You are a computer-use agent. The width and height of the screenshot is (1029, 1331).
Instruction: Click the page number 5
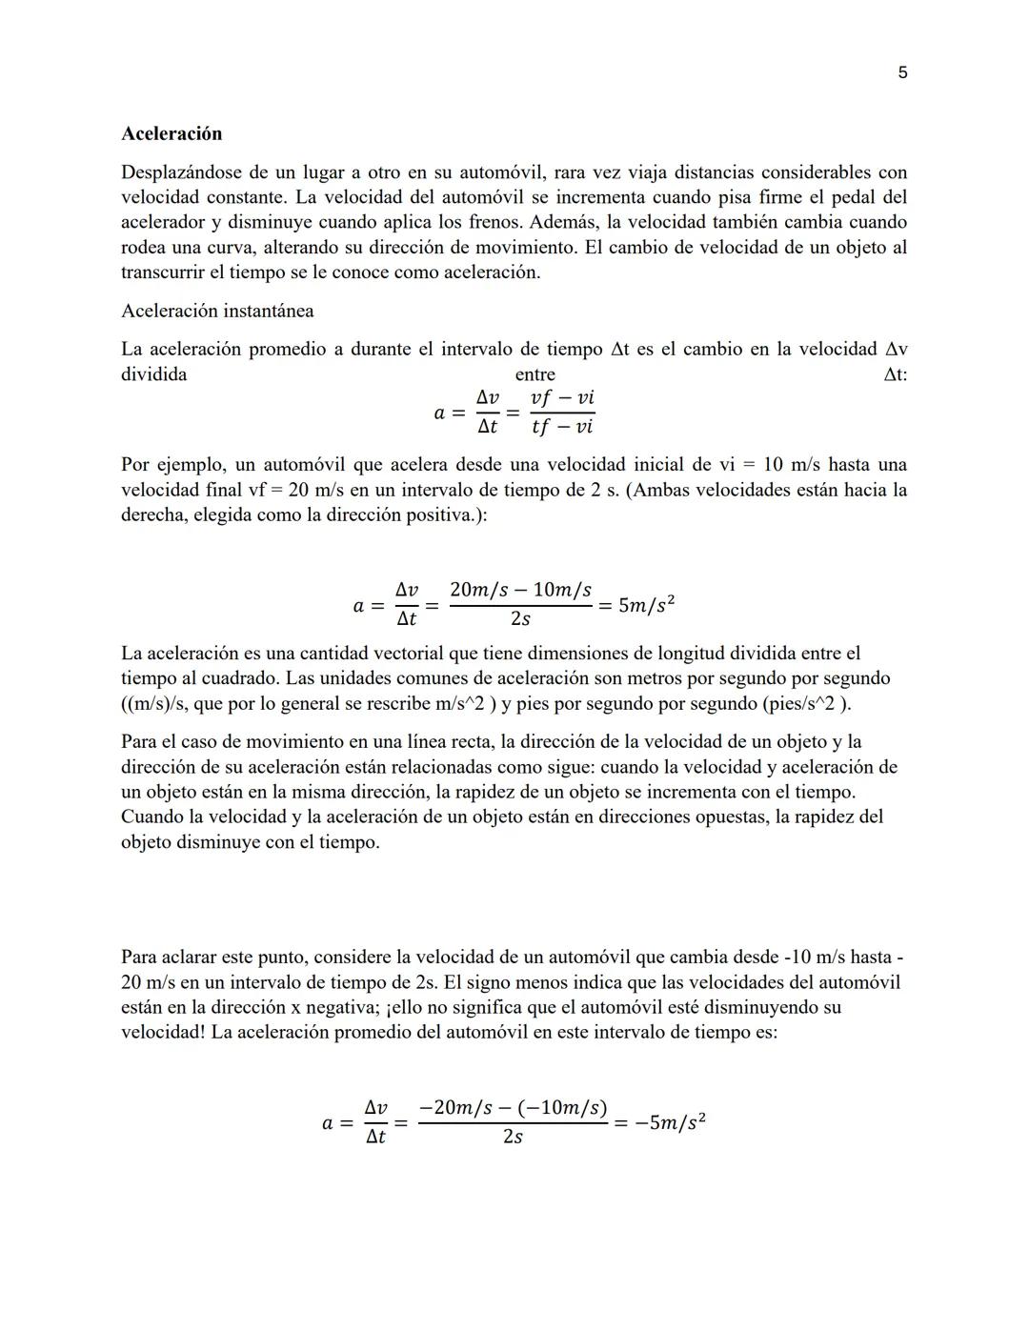(x=902, y=73)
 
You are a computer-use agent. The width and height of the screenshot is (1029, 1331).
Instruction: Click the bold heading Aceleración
(x=171, y=133)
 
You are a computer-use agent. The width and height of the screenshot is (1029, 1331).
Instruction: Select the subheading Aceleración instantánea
(x=217, y=311)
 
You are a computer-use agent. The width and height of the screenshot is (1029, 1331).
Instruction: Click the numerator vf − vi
(x=562, y=398)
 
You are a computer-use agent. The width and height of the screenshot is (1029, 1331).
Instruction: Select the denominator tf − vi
(x=562, y=427)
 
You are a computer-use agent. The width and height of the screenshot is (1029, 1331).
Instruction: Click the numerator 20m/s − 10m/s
(x=520, y=590)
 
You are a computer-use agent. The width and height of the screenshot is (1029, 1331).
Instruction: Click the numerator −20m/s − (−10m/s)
(x=513, y=1108)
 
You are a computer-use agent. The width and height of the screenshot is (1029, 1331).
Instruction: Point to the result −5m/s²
(x=671, y=1122)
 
